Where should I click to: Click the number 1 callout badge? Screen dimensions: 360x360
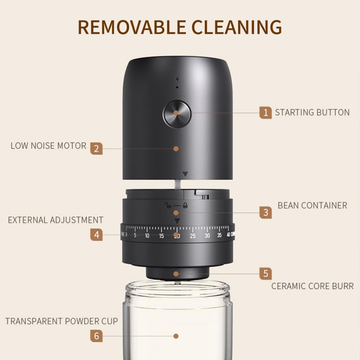266,112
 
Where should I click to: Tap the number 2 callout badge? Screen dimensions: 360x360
96,148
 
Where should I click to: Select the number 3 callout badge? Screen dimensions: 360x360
266,212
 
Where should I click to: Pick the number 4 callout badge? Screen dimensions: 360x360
96,234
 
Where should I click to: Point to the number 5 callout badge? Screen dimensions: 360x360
266,273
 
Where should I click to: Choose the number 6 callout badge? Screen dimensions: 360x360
96,336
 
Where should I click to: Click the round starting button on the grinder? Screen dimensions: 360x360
177,114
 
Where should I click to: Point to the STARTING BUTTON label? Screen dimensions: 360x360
312,112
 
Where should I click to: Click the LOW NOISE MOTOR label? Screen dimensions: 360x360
49,146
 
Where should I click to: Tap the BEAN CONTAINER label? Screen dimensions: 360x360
312,205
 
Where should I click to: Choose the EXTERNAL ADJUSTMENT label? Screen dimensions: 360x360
56,220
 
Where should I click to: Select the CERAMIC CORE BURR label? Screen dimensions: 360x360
312,286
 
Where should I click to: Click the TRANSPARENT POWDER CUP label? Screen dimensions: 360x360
62,321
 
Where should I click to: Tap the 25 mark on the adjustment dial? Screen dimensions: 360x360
193,236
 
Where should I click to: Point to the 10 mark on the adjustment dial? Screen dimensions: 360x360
147,236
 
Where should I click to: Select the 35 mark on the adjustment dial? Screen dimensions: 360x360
219,235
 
